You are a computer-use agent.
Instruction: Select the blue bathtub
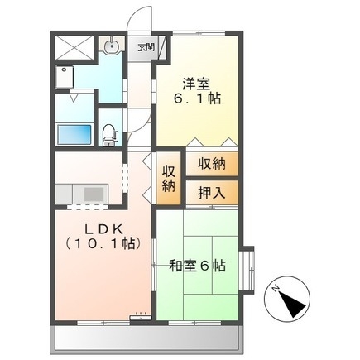74,132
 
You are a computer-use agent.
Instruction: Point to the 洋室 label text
196,82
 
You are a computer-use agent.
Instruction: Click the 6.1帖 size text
196,98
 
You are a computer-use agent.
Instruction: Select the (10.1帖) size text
94,243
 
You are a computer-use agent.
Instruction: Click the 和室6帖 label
197,266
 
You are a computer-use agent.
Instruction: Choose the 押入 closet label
210,191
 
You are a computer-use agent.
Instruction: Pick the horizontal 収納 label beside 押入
210,164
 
